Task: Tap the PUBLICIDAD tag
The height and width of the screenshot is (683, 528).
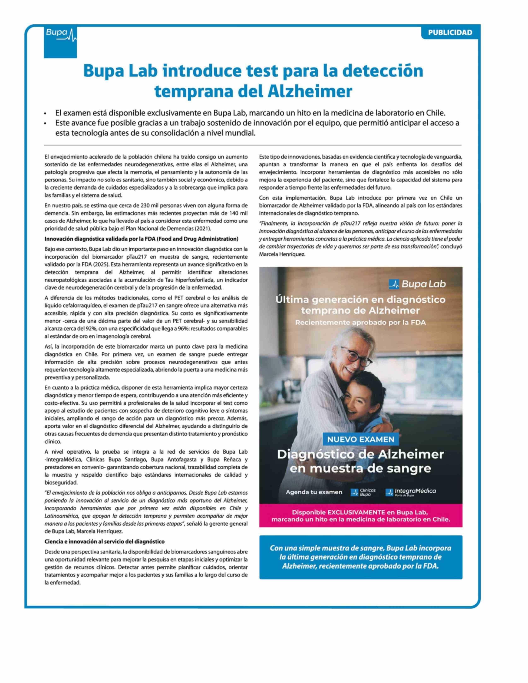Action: [450, 32]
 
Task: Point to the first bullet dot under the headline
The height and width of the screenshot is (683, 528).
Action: [46, 113]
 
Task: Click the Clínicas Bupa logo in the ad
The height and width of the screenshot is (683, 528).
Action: [363, 492]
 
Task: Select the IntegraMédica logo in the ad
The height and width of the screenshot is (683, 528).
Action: [411, 492]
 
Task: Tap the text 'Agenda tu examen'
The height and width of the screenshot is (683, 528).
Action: [314, 492]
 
